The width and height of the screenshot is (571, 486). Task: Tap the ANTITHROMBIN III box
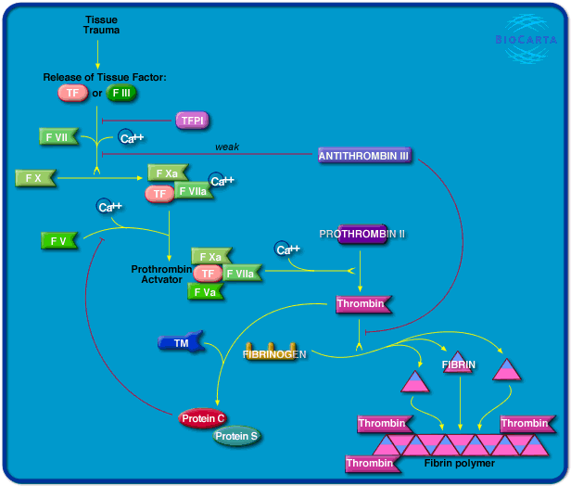(x=363, y=156)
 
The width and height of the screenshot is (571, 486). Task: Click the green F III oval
(x=122, y=93)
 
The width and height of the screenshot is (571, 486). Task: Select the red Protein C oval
(x=203, y=417)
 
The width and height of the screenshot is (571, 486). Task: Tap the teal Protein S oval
(x=237, y=436)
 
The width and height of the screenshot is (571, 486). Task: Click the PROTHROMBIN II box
(x=362, y=234)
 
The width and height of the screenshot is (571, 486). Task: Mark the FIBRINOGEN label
(x=274, y=353)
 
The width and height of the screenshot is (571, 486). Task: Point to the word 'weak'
(x=227, y=147)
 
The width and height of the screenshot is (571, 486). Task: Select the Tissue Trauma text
(x=101, y=24)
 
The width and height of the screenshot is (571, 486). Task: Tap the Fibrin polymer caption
(x=459, y=463)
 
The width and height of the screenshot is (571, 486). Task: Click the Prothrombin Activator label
(x=160, y=274)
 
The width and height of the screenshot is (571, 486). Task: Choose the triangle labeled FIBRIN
(x=459, y=364)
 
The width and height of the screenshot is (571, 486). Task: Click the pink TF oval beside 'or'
(x=71, y=93)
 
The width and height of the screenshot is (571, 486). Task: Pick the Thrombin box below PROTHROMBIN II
(x=362, y=303)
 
